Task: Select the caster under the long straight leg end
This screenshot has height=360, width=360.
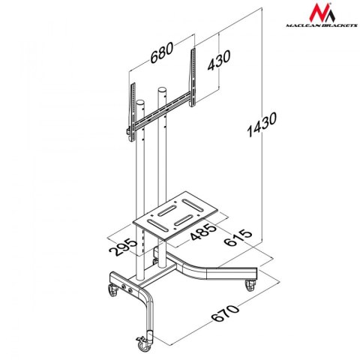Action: coord(250,283)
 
